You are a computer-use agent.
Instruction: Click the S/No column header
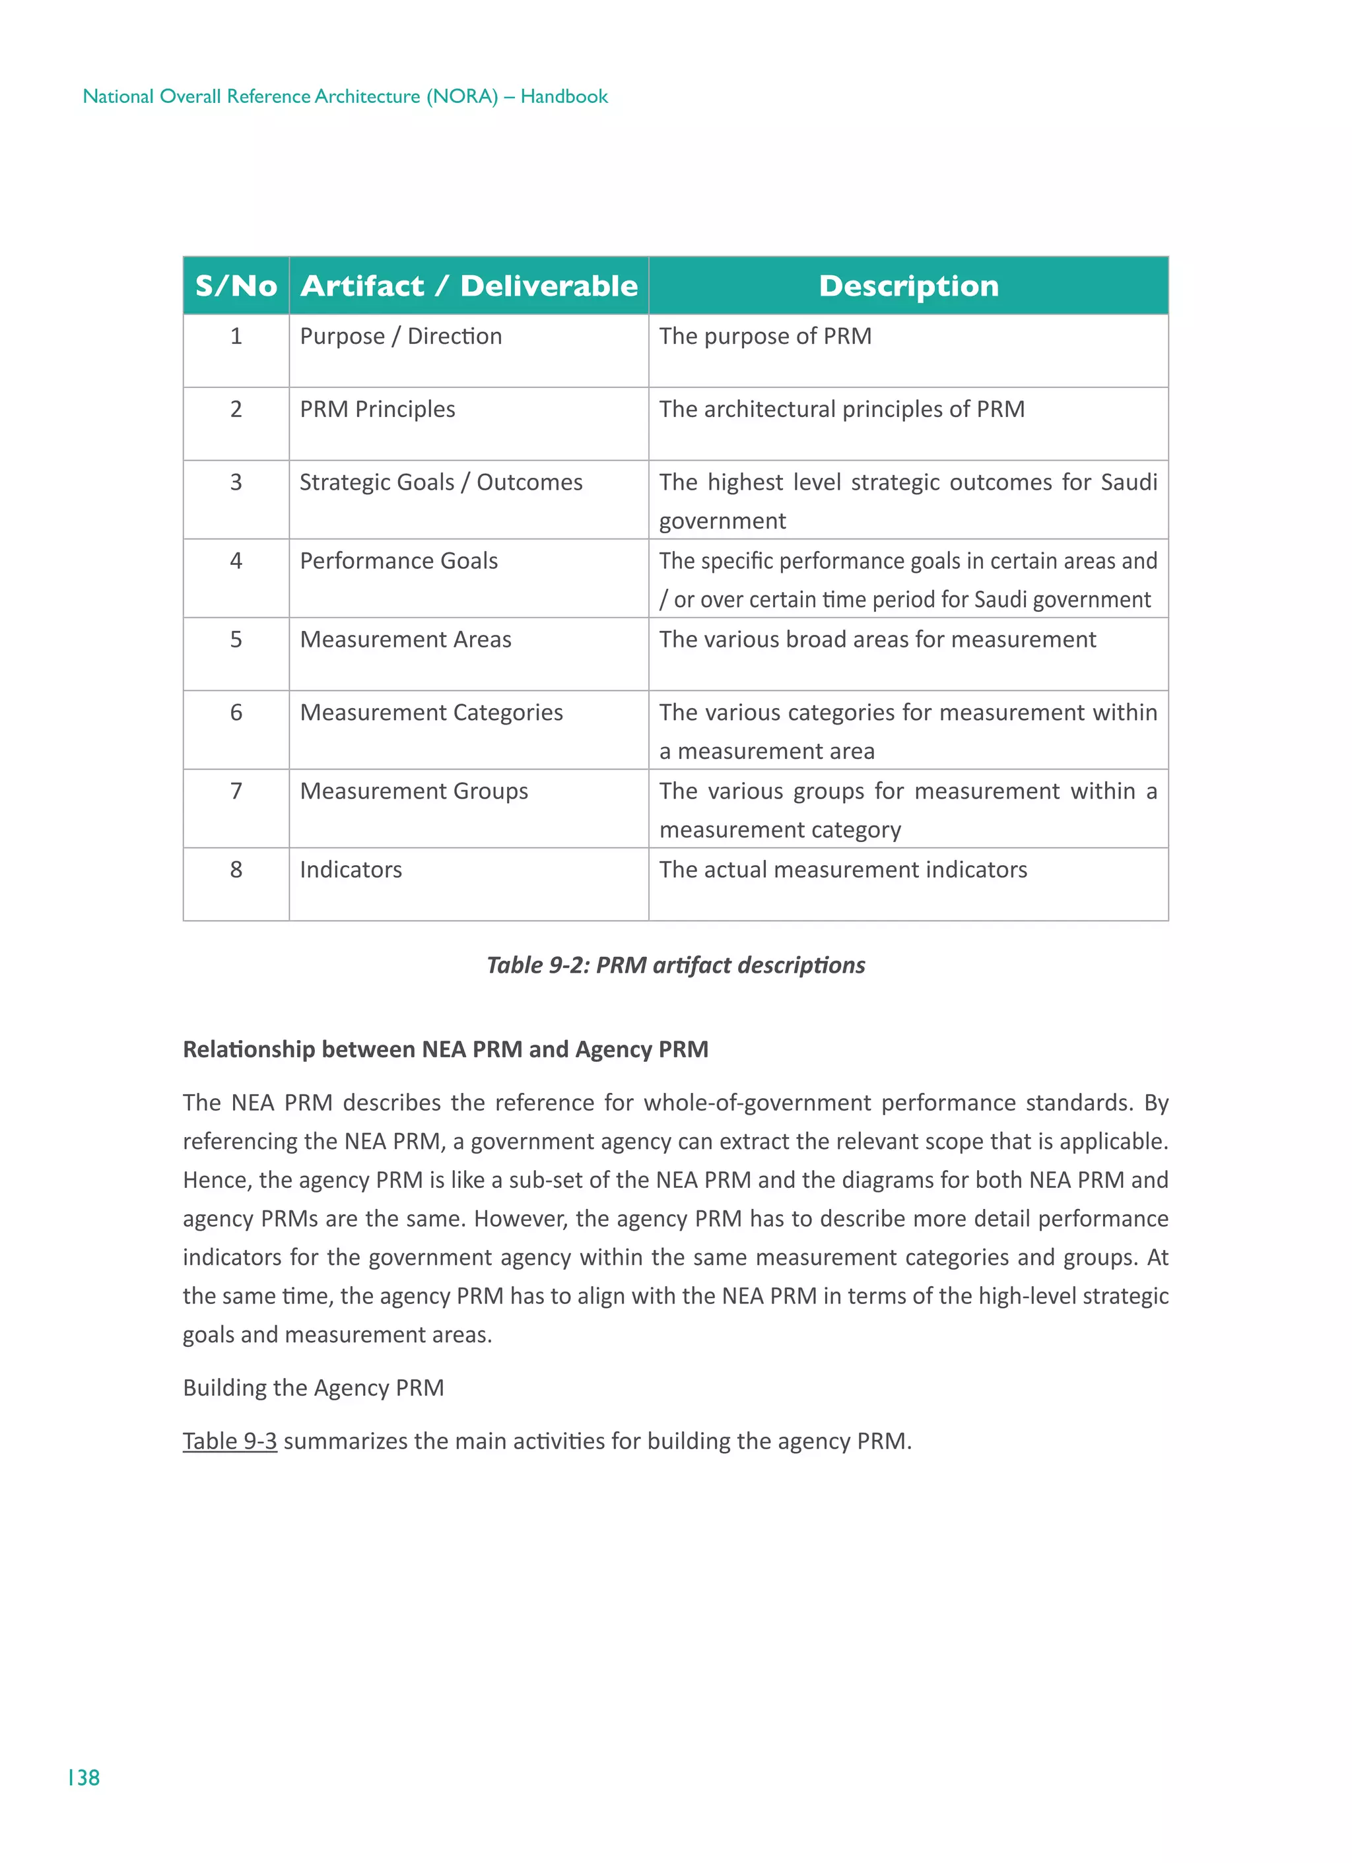236,286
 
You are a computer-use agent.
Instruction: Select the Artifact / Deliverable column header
469,286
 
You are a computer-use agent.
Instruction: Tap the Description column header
908,286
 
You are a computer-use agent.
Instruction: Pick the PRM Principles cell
377,409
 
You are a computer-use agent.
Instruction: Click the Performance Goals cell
399,561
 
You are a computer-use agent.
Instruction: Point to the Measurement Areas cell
405,640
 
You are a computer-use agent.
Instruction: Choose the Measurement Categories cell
432,712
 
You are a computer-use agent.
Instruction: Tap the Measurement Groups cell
413,791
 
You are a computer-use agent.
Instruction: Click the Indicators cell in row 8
351,870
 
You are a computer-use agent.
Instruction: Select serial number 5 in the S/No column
236,640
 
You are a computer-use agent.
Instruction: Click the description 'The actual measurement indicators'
842,870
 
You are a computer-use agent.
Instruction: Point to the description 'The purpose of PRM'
765,337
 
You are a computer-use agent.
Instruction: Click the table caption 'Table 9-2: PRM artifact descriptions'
675,965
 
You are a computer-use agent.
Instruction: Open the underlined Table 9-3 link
229,1441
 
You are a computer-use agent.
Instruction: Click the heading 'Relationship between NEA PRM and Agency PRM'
446,1050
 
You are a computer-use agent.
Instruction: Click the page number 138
84,1778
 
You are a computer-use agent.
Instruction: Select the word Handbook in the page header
564,97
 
